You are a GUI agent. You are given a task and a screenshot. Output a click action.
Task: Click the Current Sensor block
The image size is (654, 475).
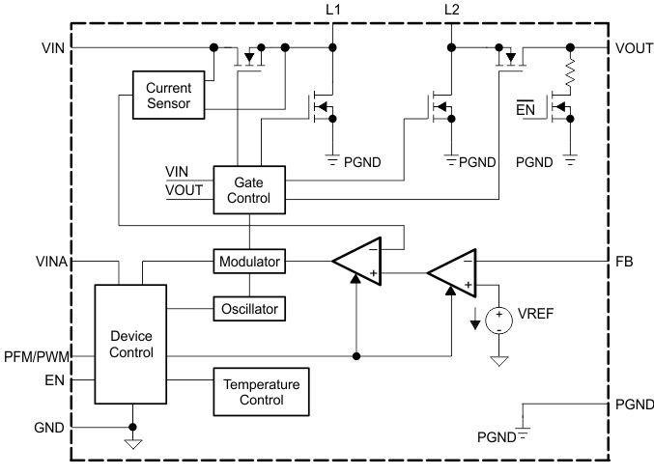[169, 95]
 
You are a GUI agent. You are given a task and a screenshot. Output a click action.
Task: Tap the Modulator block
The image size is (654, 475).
[248, 262]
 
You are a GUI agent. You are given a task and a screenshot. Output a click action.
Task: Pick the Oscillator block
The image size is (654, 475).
[248, 309]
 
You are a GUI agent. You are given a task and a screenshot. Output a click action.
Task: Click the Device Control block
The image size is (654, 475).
[130, 344]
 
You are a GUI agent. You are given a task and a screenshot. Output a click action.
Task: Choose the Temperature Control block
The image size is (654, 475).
[261, 391]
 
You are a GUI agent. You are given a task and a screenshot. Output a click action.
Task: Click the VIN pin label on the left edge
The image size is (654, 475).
[54, 46]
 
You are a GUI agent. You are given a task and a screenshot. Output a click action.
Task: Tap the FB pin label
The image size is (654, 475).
[623, 261]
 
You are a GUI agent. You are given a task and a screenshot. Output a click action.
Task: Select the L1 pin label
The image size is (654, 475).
[333, 10]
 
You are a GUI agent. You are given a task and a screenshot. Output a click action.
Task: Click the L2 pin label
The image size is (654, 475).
[451, 10]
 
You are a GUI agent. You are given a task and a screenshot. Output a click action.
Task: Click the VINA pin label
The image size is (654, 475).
[50, 261]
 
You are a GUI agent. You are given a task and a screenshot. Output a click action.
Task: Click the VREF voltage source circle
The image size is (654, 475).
[499, 319]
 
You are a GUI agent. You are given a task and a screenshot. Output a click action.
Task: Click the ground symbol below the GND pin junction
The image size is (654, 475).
[133, 443]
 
